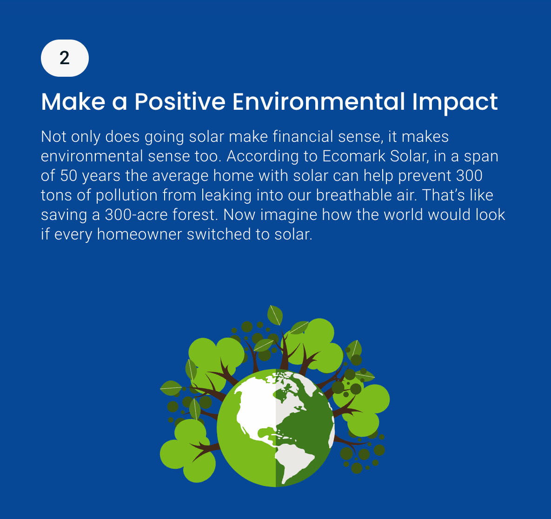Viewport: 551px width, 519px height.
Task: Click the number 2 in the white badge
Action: tap(65, 58)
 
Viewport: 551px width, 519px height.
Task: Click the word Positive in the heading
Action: tap(180, 102)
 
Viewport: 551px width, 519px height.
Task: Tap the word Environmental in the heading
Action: tap(319, 102)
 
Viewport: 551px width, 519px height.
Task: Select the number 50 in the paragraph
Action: tap(68, 176)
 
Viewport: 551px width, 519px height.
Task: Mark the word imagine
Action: tap(288, 215)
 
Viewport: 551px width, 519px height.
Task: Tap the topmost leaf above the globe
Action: tap(275, 315)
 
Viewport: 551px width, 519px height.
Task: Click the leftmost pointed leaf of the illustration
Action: tap(171, 388)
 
